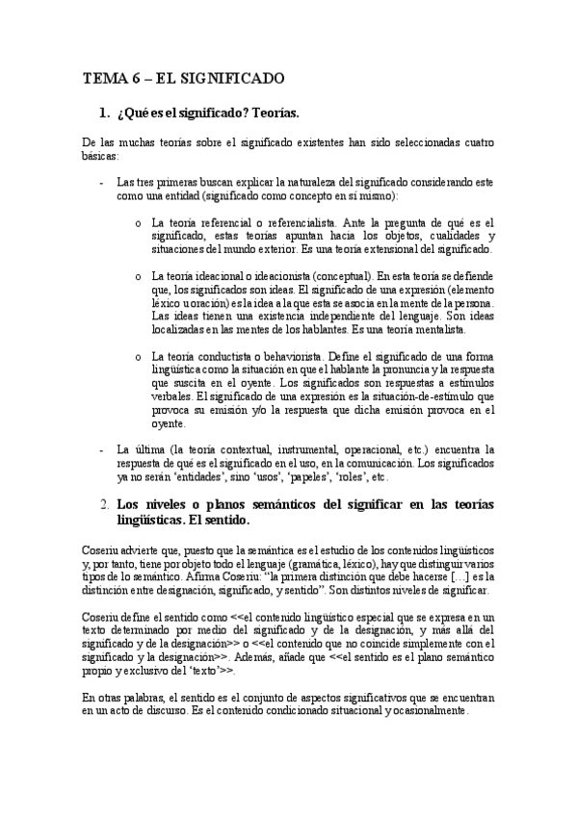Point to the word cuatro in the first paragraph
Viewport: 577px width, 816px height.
pyautogui.click(x=472, y=142)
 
